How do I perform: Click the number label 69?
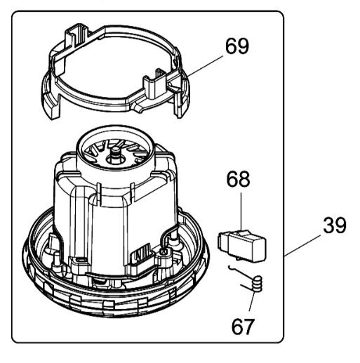coord(237,46)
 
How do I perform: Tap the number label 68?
coord(238,179)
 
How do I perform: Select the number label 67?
coord(242,326)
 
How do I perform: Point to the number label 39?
coord(335,225)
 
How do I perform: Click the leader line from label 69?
coord(205,66)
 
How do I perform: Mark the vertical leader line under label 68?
coord(241,211)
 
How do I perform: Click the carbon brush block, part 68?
coord(242,246)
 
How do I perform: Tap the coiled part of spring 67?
coord(257,284)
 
